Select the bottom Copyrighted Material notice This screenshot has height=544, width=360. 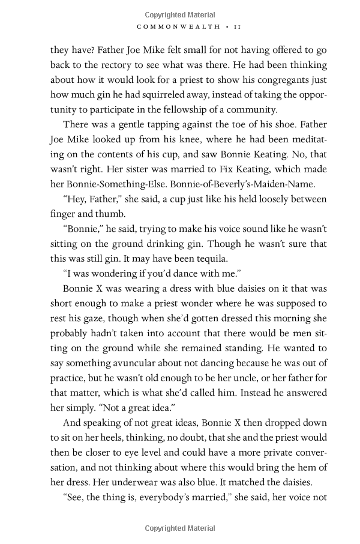click(180, 528)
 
